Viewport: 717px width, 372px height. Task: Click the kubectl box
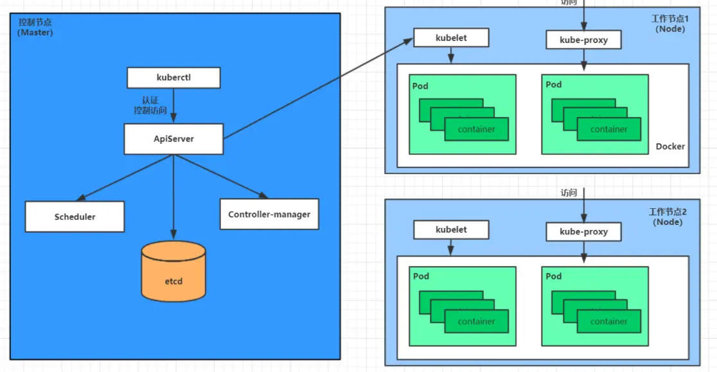[x=173, y=78]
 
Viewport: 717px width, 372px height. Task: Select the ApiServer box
[x=173, y=139]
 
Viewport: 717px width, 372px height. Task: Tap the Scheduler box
[x=75, y=217]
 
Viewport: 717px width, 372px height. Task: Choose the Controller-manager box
[x=269, y=214]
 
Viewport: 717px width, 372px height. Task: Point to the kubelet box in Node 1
[x=451, y=38]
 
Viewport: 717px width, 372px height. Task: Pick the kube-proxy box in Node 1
[x=583, y=40]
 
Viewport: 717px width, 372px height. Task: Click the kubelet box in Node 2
[x=451, y=229]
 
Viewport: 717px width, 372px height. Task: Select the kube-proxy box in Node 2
[x=583, y=231]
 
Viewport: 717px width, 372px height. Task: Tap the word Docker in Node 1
[x=670, y=146]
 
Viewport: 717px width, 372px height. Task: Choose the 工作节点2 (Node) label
[x=668, y=217]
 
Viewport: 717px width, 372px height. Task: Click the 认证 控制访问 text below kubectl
[x=150, y=105]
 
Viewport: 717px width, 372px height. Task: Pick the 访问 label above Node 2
[x=569, y=192]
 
